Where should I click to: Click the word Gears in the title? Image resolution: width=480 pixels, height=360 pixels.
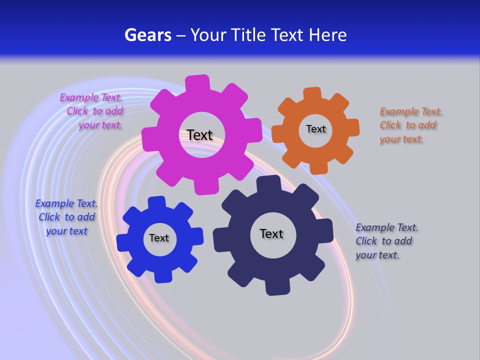[x=147, y=35]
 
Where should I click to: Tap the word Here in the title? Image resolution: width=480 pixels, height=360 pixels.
[x=327, y=35]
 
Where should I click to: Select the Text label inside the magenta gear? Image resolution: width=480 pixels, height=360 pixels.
[x=199, y=135]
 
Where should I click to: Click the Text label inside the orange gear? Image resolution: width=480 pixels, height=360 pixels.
[x=315, y=129]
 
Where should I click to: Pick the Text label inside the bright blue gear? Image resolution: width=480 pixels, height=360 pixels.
[x=158, y=238]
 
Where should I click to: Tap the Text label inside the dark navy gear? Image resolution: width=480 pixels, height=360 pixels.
[x=271, y=233]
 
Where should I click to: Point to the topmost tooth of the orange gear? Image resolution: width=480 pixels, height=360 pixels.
[x=312, y=93]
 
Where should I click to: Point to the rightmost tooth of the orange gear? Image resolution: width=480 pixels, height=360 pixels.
[x=352, y=127]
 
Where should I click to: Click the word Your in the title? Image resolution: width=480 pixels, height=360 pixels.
[x=206, y=35]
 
